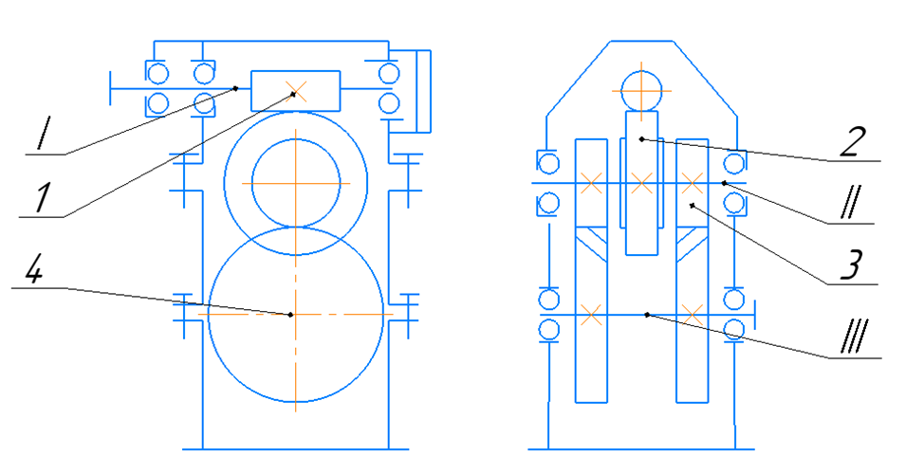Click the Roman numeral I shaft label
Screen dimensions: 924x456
43,135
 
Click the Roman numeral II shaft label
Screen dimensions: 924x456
850,205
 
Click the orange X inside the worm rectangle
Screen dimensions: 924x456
298,90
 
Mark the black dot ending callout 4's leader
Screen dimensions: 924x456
290,315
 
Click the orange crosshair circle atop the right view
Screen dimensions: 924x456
641,91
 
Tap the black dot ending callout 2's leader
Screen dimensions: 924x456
641,139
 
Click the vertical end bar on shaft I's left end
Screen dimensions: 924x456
111,88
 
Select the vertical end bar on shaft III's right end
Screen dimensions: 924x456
755,315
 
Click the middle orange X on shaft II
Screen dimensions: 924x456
641,183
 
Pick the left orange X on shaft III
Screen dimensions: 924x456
591,314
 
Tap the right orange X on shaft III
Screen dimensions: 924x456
692,314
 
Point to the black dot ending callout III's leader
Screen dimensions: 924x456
647,315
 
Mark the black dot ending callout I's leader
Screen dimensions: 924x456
235,88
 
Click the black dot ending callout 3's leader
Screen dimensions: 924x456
693,205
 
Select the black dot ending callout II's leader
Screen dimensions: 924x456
724,183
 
